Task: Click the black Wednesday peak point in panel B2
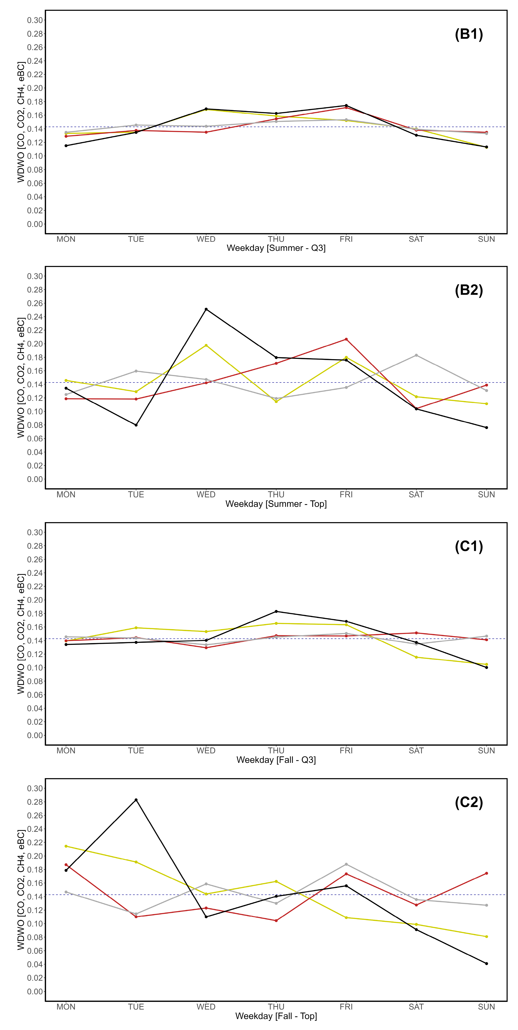click(x=206, y=309)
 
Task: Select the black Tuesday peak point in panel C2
click(x=136, y=800)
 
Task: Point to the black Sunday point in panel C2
click(x=486, y=964)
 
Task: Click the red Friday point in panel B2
click(x=346, y=339)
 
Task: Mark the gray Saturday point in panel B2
click(x=416, y=355)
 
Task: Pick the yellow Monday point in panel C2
click(x=66, y=846)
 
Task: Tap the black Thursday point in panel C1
click(x=276, y=611)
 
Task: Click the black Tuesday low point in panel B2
click(x=136, y=425)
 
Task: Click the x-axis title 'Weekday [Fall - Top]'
click(x=276, y=1016)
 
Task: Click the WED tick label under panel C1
click(x=206, y=750)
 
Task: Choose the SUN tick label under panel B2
click(x=486, y=495)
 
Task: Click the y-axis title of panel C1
click(x=21, y=634)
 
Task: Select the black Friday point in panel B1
click(x=346, y=106)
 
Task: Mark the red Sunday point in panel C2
click(x=486, y=873)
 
